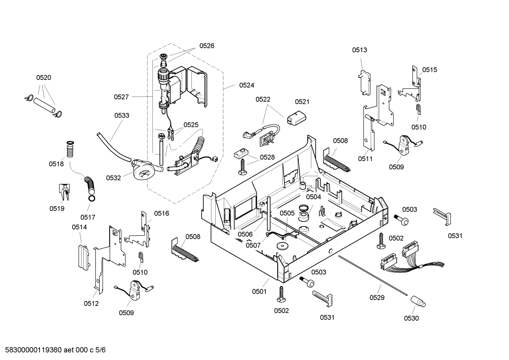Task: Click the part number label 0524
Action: coord(246,85)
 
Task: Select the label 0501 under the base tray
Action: coord(259,291)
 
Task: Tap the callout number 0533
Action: coord(121,116)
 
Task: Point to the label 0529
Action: coord(377,297)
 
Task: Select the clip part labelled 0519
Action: coord(64,193)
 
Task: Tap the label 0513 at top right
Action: coord(359,50)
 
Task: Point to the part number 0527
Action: coord(121,97)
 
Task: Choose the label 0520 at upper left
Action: coord(44,78)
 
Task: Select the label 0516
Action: coord(161,213)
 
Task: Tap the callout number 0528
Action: coord(267,157)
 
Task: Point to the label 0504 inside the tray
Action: coord(313,197)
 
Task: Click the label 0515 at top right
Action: coord(430,70)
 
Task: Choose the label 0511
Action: coord(365,159)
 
